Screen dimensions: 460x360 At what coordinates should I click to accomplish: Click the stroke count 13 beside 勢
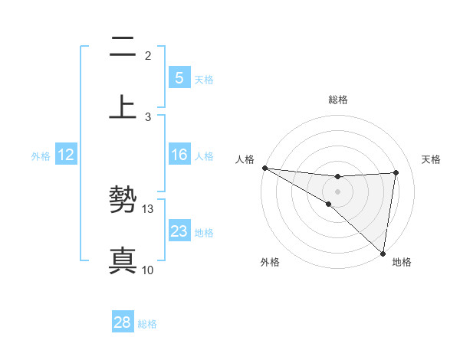[x=149, y=208]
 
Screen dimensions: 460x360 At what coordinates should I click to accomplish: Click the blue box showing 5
[x=179, y=78]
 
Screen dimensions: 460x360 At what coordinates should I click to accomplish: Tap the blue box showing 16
[x=179, y=155]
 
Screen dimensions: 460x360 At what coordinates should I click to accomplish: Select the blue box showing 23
[x=179, y=231]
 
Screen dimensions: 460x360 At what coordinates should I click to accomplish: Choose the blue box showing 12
[x=66, y=155]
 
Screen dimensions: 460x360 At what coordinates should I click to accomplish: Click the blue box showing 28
[x=123, y=322]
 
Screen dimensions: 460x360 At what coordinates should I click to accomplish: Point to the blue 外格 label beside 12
[x=41, y=155]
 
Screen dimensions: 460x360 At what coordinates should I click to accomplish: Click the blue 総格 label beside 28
[x=147, y=323]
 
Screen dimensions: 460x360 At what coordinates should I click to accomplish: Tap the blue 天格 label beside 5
[x=204, y=79]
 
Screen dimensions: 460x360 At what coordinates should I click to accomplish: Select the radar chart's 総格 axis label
[x=338, y=100]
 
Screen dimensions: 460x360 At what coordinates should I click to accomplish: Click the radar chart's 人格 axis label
[x=245, y=159]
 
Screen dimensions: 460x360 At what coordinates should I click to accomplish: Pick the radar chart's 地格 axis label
[x=402, y=262]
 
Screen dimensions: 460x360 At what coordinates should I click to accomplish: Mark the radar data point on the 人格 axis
[x=264, y=168]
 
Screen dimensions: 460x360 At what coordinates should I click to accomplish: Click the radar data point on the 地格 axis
[x=383, y=253]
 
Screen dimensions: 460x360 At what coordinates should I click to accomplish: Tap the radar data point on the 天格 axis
[x=396, y=172]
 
